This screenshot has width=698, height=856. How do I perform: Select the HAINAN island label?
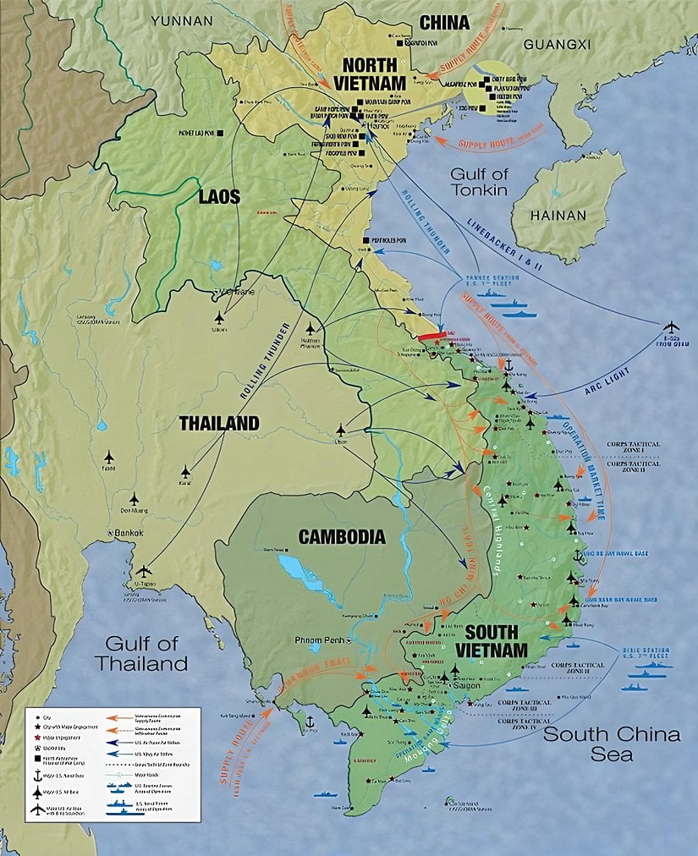[x=558, y=216]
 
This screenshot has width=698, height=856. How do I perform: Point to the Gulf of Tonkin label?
[x=479, y=182]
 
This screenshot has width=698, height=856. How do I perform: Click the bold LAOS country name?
[x=219, y=197]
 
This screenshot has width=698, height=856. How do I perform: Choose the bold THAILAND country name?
[x=218, y=424]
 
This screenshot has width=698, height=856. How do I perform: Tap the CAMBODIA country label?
[x=341, y=536]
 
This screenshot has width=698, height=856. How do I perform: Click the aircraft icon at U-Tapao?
[x=145, y=572]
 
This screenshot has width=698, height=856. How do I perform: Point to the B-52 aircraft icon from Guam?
[x=672, y=326]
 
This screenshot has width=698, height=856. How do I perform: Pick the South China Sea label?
[x=610, y=744]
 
